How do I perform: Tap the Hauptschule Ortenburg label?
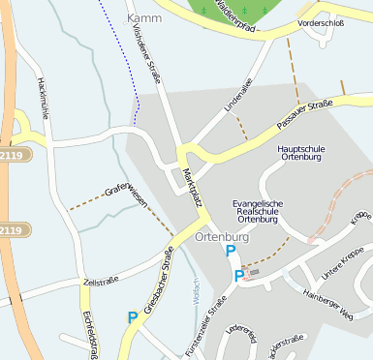305,154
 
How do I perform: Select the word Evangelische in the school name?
259,203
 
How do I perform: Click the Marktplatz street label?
192,187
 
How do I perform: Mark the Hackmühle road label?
44,97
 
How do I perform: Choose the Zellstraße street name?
101,281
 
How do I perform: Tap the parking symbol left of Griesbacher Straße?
133,316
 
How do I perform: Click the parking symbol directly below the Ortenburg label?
231,252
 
